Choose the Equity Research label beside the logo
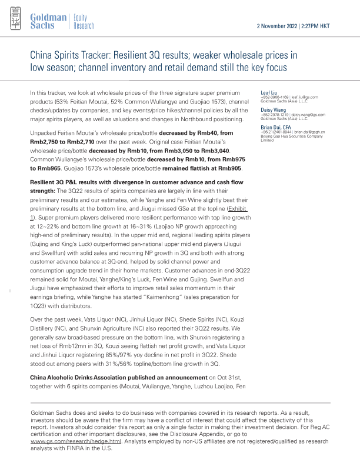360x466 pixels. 84,22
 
